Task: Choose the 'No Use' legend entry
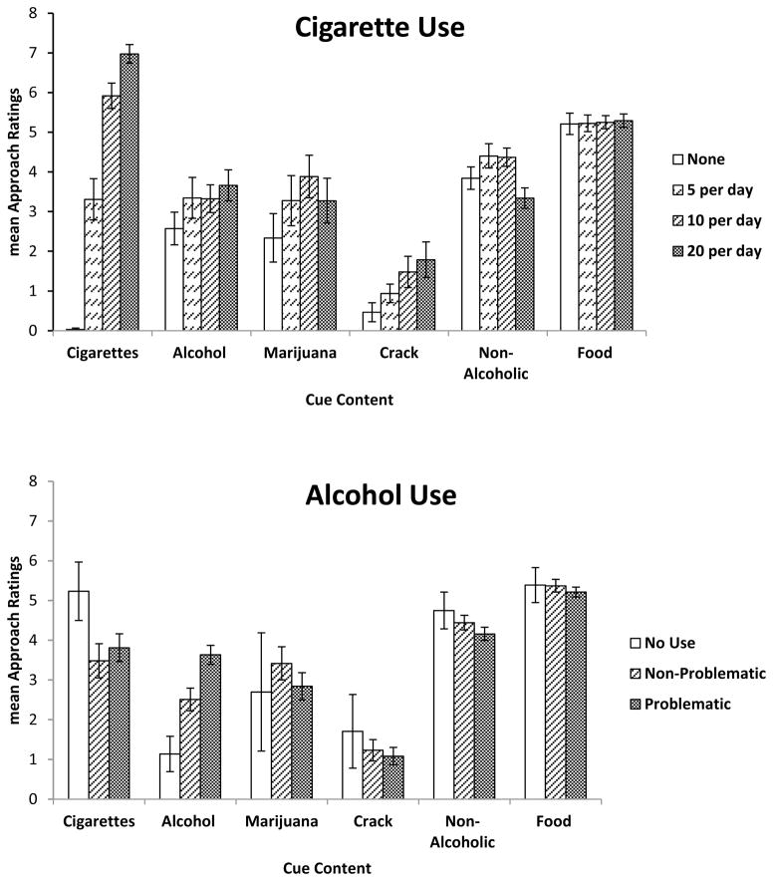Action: click(681, 643)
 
